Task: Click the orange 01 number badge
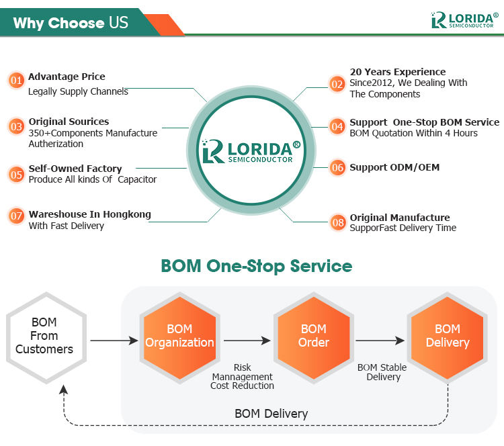(x=17, y=81)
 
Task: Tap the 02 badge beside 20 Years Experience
(x=337, y=83)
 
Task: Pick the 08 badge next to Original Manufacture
(x=338, y=222)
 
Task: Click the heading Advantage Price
(x=67, y=77)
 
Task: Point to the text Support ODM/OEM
(x=394, y=167)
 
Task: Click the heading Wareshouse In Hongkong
(x=89, y=214)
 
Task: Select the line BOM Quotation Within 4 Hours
(x=413, y=133)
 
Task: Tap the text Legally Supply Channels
(x=78, y=91)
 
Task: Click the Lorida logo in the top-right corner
(x=464, y=20)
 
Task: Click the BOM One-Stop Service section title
(x=256, y=266)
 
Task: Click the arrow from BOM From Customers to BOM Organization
(x=114, y=341)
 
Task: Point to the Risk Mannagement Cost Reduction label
(x=242, y=377)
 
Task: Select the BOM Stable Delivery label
(x=382, y=372)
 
